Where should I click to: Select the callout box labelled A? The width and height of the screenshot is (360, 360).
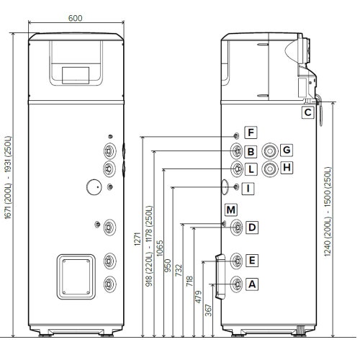[251, 284]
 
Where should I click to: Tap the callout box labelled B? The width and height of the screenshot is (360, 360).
[250, 151]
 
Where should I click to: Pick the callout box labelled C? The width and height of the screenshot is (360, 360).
[307, 112]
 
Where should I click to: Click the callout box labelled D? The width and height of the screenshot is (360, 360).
[251, 228]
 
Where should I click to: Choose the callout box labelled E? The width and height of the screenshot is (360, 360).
[251, 260]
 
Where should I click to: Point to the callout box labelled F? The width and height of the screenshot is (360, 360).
[250, 132]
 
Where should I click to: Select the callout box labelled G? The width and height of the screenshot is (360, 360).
[286, 150]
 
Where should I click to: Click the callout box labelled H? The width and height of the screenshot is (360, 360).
[286, 168]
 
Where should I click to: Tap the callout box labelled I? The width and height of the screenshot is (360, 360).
[248, 189]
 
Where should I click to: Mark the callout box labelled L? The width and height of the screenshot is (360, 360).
[250, 170]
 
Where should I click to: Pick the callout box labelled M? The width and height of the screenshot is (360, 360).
[230, 210]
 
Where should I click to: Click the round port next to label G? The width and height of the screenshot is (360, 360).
[270, 150]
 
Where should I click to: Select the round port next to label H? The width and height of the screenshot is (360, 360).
[270, 168]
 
